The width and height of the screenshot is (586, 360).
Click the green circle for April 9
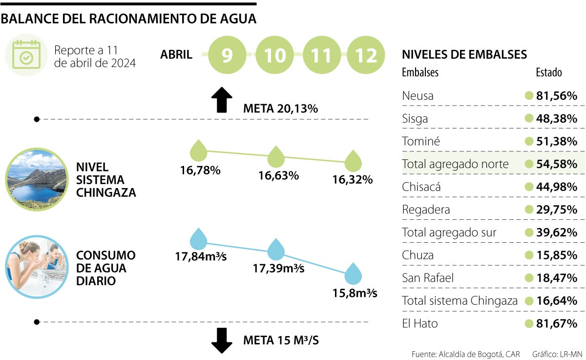click(x=227, y=55)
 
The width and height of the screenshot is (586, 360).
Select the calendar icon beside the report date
click(x=26, y=55)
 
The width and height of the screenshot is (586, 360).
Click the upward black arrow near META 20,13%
click(x=222, y=100)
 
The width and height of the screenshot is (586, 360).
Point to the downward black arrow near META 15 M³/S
click(x=222, y=340)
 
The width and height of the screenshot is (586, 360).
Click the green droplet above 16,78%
click(x=198, y=151)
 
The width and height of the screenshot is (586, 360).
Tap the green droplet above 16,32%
click(x=353, y=161)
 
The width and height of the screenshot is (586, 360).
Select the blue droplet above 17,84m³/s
click(x=198, y=239)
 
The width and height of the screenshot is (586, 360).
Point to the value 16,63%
click(x=278, y=175)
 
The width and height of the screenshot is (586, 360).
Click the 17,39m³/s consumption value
click(x=278, y=268)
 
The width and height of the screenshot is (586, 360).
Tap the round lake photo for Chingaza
click(x=37, y=180)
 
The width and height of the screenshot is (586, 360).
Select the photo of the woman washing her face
click(x=37, y=267)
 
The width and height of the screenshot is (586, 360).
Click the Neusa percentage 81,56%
click(x=557, y=96)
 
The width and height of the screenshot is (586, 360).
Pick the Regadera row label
click(x=426, y=210)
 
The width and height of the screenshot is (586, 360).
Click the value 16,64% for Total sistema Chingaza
click(x=557, y=300)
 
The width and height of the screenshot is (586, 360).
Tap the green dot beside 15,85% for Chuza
click(x=528, y=255)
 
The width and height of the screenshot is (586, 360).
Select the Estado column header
click(x=549, y=72)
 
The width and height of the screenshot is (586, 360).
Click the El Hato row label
click(x=420, y=323)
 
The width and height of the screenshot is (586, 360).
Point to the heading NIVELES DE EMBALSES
click(x=464, y=54)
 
